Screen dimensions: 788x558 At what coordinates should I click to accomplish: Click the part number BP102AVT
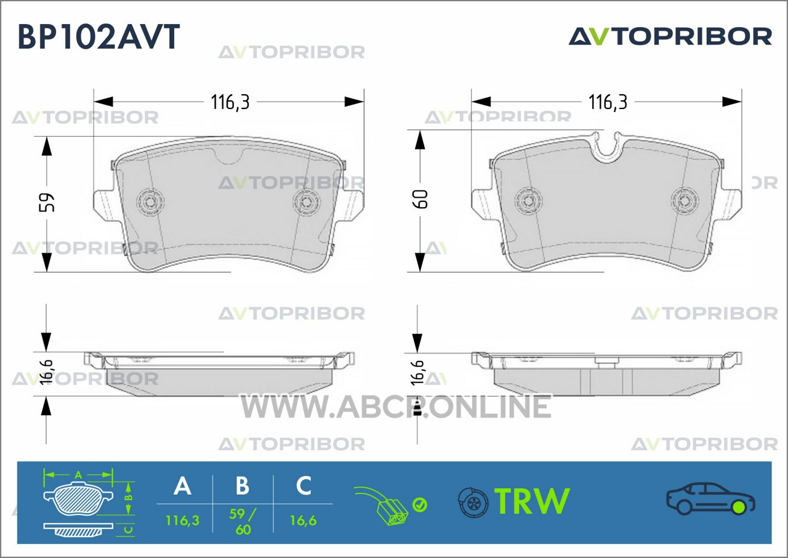pyautogui.click(x=99, y=36)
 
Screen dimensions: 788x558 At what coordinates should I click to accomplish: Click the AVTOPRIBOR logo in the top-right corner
pyautogui.click(x=670, y=37)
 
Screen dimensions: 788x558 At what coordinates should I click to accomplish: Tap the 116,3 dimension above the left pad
pyautogui.click(x=230, y=102)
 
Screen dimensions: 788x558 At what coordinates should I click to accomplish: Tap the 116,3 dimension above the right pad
pyautogui.click(x=608, y=102)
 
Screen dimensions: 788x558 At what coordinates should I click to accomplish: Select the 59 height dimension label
pyautogui.click(x=46, y=202)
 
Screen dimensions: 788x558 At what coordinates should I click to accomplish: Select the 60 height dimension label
pyautogui.click(x=420, y=199)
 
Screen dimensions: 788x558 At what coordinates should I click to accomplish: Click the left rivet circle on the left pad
pyautogui.click(x=150, y=201)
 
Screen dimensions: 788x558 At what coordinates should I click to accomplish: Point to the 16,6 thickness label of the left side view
pyautogui.click(x=46, y=372)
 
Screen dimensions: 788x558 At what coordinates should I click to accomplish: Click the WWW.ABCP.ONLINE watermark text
pyautogui.click(x=396, y=406)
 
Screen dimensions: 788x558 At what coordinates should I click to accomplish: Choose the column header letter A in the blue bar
pyautogui.click(x=182, y=486)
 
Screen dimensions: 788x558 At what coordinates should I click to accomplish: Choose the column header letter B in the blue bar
pyautogui.click(x=243, y=486)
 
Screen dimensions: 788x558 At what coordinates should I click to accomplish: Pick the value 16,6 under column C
pyautogui.click(x=304, y=520)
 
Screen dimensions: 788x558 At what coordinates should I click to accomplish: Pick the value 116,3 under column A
pyautogui.click(x=182, y=520)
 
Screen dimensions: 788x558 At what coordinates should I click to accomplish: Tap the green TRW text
pyautogui.click(x=532, y=501)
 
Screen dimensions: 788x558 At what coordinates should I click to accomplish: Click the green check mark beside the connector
pyautogui.click(x=420, y=505)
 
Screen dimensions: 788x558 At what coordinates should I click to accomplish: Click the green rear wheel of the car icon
pyautogui.click(x=738, y=507)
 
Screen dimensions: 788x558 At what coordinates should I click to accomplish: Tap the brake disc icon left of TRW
pyautogui.click(x=473, y=502)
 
